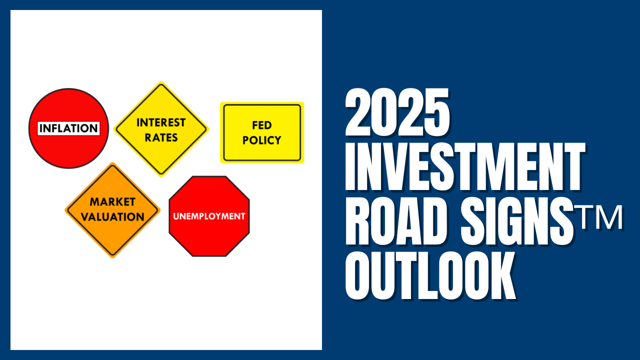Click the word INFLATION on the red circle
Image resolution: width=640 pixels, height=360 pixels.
click(68, 128)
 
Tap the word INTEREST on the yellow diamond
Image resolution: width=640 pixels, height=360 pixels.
click(161, 122)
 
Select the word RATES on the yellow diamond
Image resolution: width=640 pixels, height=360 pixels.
click(161, 137)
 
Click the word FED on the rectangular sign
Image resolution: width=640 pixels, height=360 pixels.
click(261, 125)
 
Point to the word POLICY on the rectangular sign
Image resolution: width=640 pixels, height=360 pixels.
click(261, 140)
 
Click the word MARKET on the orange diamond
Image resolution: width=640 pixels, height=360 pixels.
click(112, 202)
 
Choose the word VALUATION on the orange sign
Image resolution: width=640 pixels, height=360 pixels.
click(112, 217)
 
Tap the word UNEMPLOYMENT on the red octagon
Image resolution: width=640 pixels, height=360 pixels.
click(209, 216)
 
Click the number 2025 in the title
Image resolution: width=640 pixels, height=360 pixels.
click(397, 112)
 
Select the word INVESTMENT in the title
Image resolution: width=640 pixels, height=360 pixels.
click(465, 167)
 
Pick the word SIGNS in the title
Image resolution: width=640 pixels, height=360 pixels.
click(517, 221)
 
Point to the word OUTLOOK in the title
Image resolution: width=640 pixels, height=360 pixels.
click(430, 275)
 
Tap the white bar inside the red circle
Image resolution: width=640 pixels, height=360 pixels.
click(68, 128)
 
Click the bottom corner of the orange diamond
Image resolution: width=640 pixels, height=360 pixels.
click(112, 257)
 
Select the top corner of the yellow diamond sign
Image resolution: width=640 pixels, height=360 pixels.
click(161, 81)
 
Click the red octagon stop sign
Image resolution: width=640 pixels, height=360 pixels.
click(209, 216)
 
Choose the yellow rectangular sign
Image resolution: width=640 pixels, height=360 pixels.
click(261, 132)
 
